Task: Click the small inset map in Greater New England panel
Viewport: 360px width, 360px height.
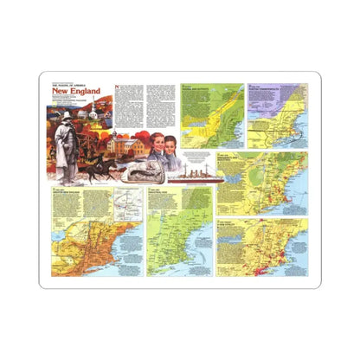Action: [x=125, y=204]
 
